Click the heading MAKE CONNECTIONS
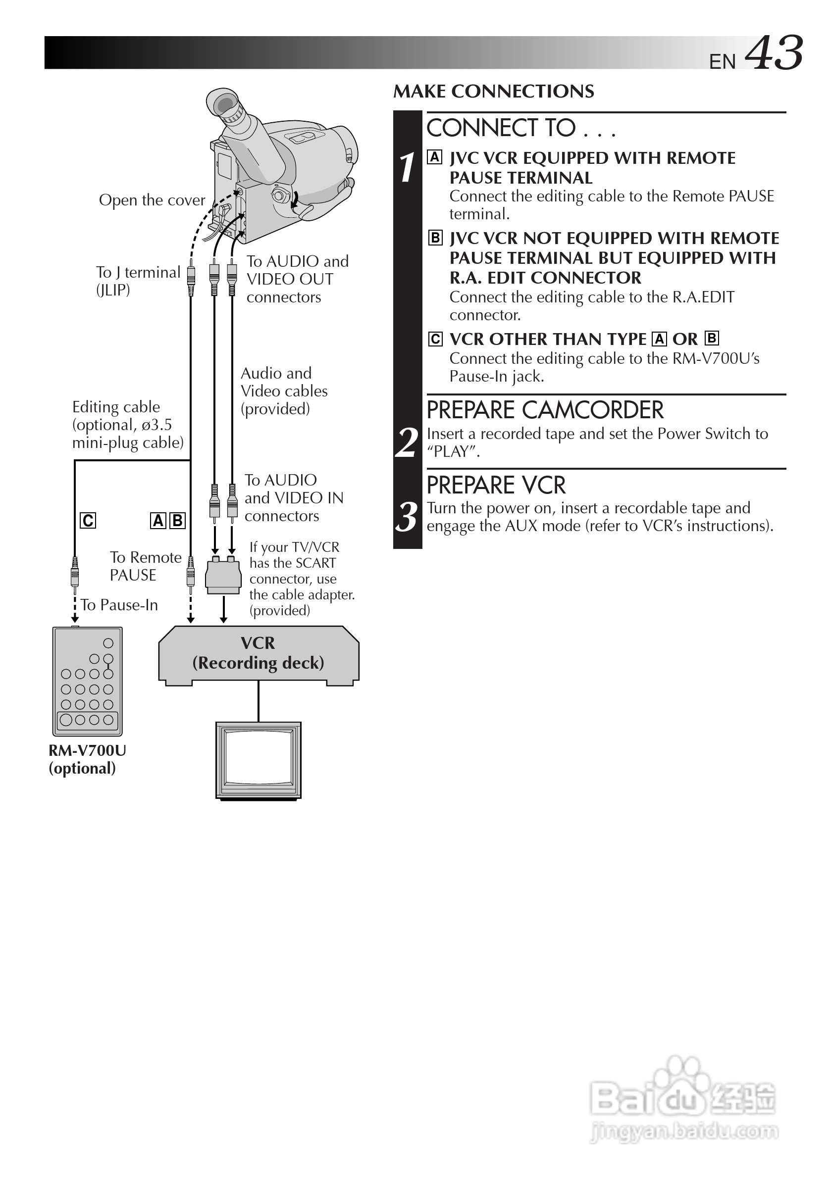[x=493, y=92]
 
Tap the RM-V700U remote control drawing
[x=87, y=682]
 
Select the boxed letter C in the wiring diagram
[x=88, y=521]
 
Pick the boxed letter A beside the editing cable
[x=157, y=521]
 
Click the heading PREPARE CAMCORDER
[x=545, y=410]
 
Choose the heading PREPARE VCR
[x=496, y=486]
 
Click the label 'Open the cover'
[x=152, y=200]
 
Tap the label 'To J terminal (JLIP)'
[x=138, y=281]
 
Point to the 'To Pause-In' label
[x=119, y=605]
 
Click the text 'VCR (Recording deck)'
[x=258, y=653]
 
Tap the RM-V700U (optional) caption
[x=87, y=759]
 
